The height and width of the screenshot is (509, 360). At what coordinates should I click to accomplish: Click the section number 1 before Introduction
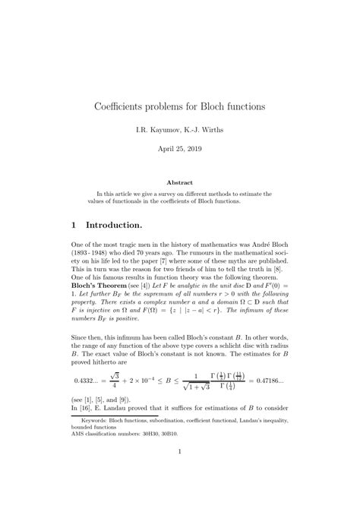[72, 226]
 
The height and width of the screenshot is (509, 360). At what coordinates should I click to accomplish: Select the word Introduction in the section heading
[114, 226]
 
